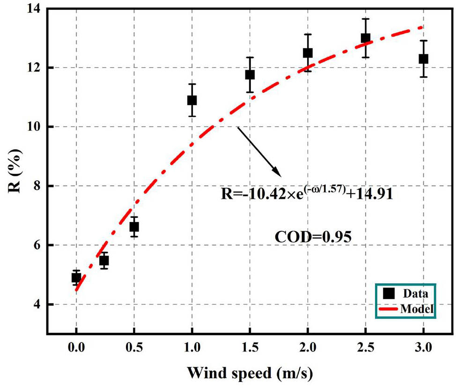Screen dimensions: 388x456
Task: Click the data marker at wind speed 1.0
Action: pos(191,100)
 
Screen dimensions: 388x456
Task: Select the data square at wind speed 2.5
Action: pos(365,38)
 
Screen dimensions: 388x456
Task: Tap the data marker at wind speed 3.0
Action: pos(423,59)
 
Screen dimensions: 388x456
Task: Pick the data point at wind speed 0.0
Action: pos(76,278)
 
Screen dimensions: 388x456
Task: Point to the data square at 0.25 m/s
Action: pos(104,260)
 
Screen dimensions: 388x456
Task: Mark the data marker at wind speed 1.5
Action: pos(250,74)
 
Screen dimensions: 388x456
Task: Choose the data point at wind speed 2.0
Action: pos(308,53)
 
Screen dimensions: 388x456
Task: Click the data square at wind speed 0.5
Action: pos(134,227)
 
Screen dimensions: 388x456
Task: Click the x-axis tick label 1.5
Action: pos(250,349)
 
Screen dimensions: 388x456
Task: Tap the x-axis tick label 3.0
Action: pos(423,349)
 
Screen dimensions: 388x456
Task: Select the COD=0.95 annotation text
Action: pos(312,237)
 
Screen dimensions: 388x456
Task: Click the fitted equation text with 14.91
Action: pos(306,193)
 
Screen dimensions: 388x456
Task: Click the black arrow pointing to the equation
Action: pos(258,151)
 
